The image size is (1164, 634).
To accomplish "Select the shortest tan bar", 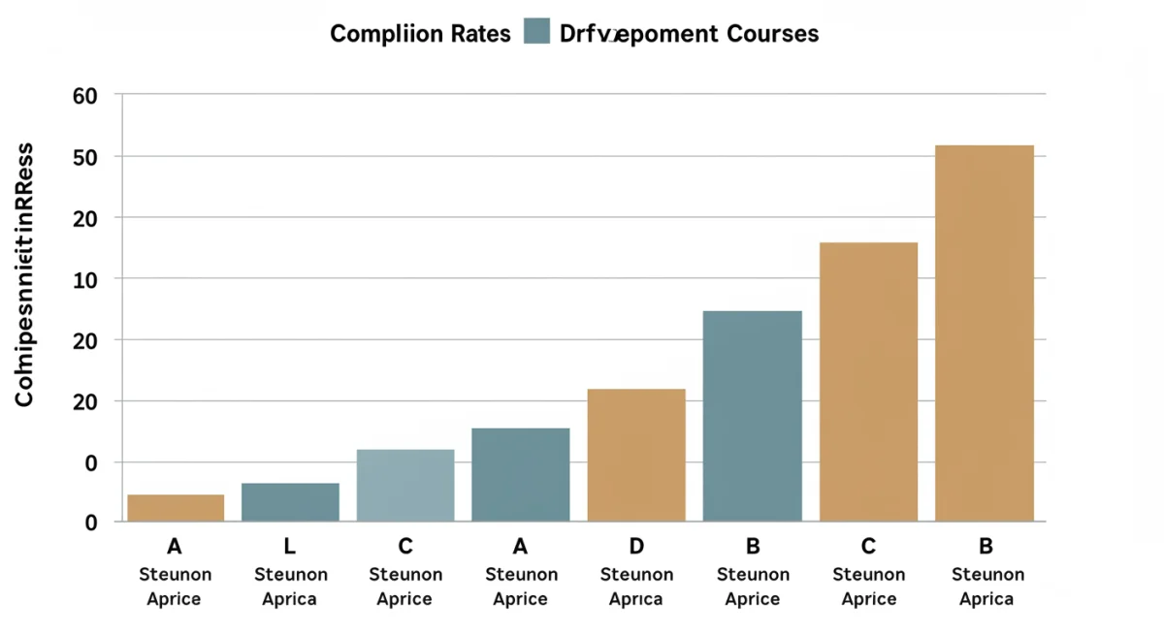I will point(176,508).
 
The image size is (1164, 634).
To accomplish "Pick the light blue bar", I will point(405,485).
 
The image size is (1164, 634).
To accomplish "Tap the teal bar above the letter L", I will point(290,502).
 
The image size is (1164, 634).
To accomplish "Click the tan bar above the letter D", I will point(636,455).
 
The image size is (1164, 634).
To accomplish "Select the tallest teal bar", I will point(752,416).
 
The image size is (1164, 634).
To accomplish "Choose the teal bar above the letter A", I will point(520,474).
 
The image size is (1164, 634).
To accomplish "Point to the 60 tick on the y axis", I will point(85,95).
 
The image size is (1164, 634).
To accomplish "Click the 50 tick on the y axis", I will point(85,157).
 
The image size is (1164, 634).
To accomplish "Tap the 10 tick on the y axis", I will point(85,279).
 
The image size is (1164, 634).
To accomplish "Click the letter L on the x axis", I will point(289,547).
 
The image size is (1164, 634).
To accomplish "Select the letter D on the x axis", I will point(635,547).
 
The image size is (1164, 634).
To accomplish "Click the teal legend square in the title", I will point(536,31).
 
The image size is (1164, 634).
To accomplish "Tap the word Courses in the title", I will point(770,34).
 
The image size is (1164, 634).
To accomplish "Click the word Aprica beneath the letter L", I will point(289,599).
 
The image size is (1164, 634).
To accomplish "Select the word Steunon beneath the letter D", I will point(636,575).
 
